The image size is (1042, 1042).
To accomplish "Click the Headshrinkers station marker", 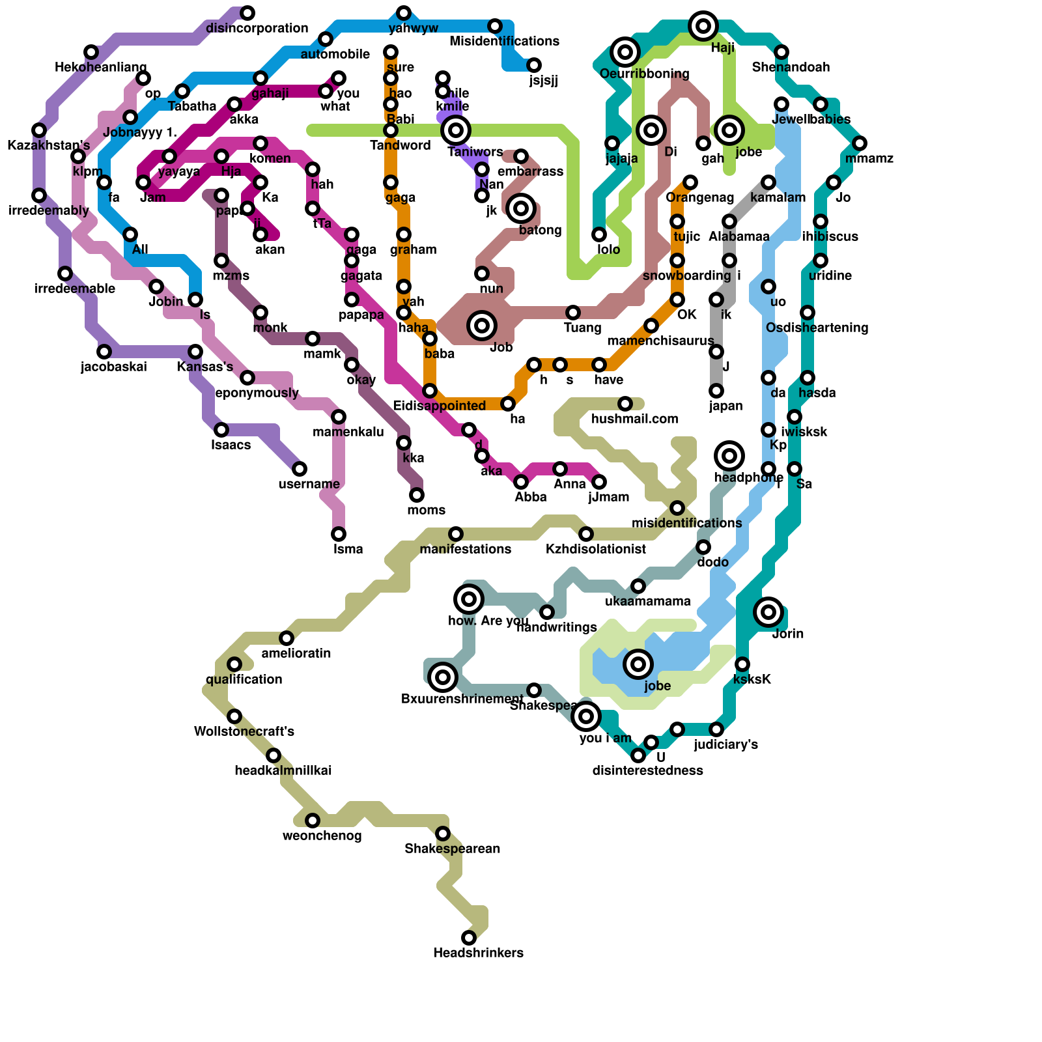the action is pyautogui.click(x=469, y=938).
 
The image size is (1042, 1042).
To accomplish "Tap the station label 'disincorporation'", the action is pyautogui.click(x=257, y=28).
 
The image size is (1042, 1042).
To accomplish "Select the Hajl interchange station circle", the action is pyautogui.click(x=703, y=26).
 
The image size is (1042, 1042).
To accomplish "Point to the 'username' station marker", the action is pyautogui.click(x=300, y=469).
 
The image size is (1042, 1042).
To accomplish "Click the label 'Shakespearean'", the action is pyautogui.click(x=452, y=849).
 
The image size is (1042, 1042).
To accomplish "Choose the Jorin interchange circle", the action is pyautogui.click(x=768, y=612).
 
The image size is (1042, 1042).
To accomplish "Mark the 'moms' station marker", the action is pyautogui.click(x=417, y=495).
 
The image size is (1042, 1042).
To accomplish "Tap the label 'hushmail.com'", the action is pyautogui.click(x=634, y=419).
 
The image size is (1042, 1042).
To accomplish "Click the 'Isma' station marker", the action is pyautogui.click(x=339, y=534).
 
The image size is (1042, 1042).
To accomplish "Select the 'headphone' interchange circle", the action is pyautogui.click(x=729, y=456).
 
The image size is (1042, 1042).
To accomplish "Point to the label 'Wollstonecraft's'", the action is pyautogui.click(x=244, y=731).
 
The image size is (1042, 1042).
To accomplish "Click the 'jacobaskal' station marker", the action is pyautogui.click(x=104, y=352).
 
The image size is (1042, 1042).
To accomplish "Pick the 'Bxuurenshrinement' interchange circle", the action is pyautogui.click(x=443, y=677).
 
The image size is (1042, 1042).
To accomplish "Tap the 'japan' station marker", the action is pyautogui.click(x=716, y=391).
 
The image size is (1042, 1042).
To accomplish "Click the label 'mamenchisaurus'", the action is pyautogui.click(x=660, y=341).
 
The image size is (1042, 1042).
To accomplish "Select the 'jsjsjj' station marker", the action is pyautogui.click(x=534, y=65).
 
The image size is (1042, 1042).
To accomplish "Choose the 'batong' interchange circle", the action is pyautogui.click(x=521, y=208).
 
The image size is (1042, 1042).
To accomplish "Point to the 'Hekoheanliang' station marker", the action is pyautogui.click(x=91, y=52).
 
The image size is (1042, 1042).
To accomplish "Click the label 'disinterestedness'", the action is pyautogui.click(x=647, y=770).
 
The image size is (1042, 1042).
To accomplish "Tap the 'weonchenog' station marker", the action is pyautogui.click(x=313, y=821).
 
